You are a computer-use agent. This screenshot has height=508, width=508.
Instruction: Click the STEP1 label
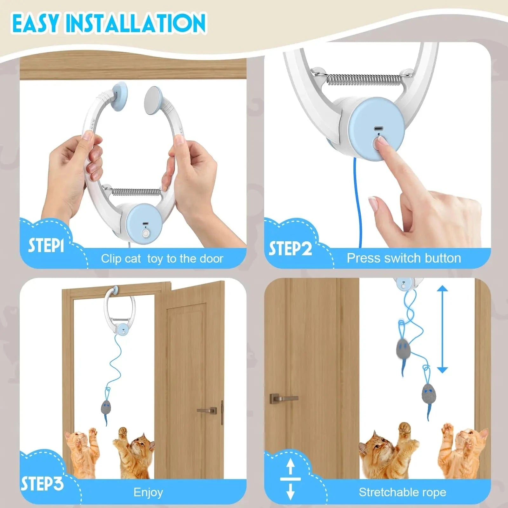click(46, 245)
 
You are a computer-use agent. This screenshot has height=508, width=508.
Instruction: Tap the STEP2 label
click(291, 248)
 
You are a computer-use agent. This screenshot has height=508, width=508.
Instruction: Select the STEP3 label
click(42, 484)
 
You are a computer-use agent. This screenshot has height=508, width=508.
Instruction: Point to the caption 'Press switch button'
click(404, 258)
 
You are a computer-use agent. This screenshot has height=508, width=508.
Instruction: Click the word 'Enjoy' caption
click(148, 492)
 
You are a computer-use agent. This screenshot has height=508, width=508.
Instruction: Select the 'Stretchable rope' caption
click(402, 492)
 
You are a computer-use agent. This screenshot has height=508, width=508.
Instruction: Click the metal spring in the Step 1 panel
click(137, 191)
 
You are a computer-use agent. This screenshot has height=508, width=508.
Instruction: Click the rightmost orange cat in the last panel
click(464, 451)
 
